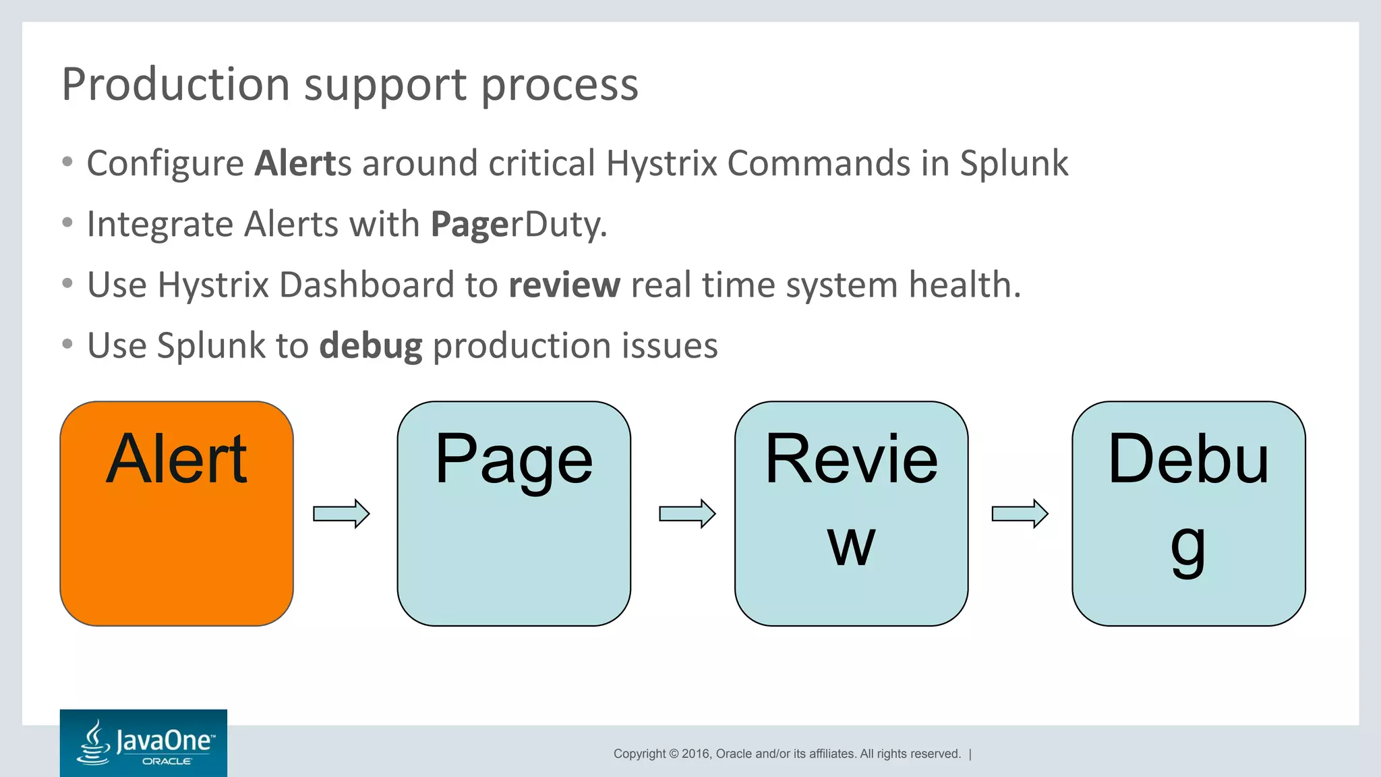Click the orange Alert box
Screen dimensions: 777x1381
(x=177, y=514)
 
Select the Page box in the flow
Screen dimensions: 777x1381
(x=514, y=514)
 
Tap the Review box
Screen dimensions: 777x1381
(x=851, y=514)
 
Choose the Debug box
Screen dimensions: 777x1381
(x=1188, y=514)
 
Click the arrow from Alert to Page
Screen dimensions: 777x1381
(x=341, y=514)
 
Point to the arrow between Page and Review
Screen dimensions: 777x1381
(x=687, y=514)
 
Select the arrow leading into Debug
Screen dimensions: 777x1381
(x=1020, y=514)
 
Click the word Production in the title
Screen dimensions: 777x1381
(x=176, y=85)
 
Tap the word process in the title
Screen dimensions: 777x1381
(x=559, y=86)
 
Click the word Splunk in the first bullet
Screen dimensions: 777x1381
(x=1013, y=164)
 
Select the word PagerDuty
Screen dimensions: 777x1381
(x=519, y=225)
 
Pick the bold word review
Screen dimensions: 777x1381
(x=564, y=285)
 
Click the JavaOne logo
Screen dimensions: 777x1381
(x=144, y=743)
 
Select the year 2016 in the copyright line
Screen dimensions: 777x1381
(x=695, y=754)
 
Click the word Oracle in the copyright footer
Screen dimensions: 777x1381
(x=733, y=754)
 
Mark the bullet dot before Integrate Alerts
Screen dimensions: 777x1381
(x=67, y=223)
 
